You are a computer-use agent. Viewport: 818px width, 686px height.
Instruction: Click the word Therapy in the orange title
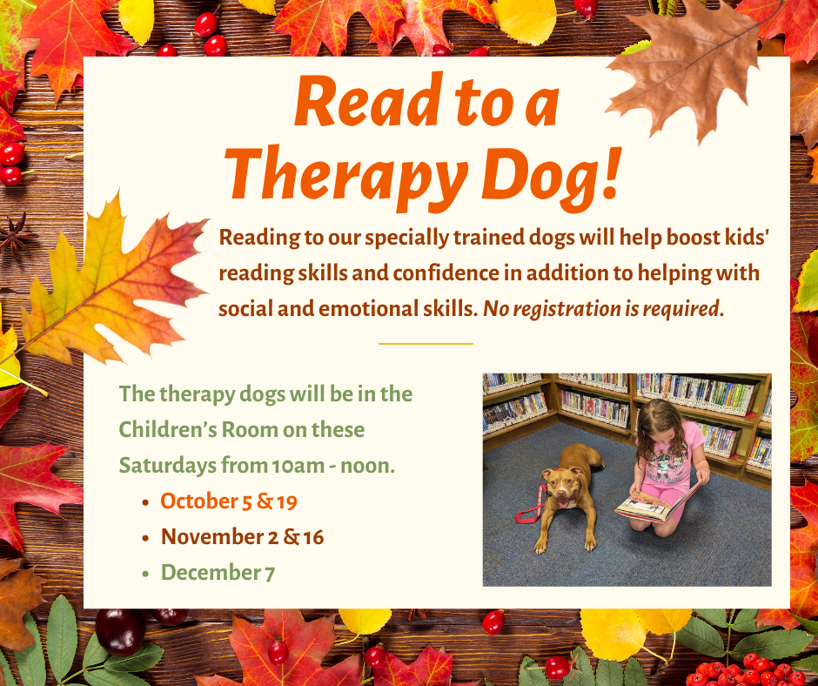[345, 177]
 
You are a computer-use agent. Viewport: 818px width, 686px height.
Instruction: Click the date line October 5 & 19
[229, 501]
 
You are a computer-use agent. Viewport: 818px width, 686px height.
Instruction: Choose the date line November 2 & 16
[242, 536]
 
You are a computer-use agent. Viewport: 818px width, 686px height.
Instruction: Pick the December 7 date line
[218, 572]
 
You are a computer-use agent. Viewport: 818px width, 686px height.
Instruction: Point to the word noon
[367, 466]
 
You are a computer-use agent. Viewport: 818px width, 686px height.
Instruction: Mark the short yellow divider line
[426, 344]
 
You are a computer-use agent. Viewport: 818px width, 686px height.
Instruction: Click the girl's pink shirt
[669, 454]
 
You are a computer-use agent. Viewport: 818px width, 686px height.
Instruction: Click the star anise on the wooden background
[16, 236]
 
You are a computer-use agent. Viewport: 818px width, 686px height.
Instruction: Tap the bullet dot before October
[146, 503]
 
